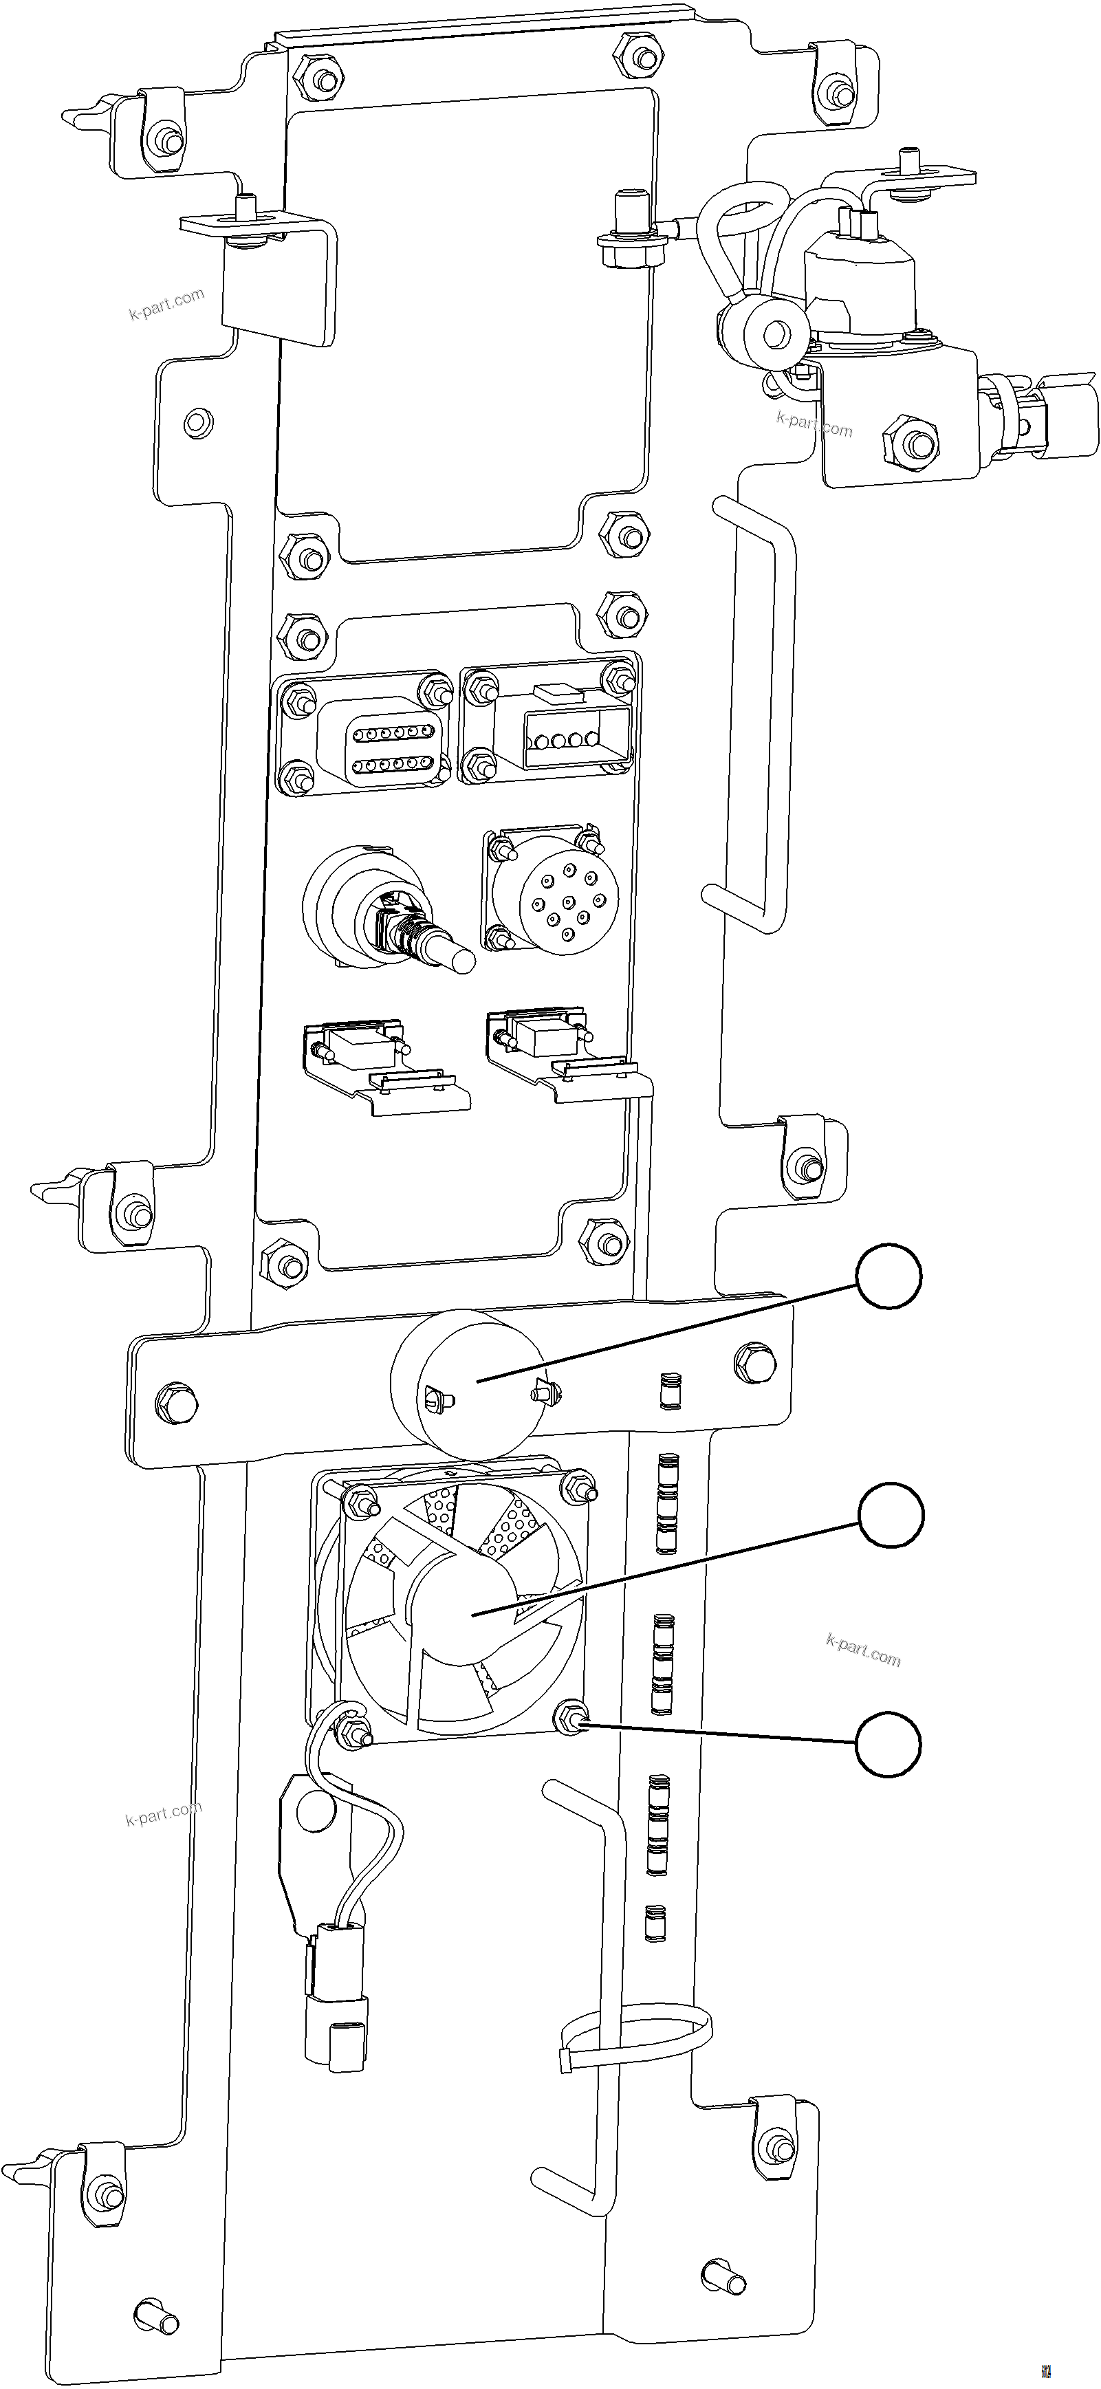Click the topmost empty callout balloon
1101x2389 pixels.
click(x=889, y=1277)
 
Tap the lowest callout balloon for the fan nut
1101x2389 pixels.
click(x=888, y=1745)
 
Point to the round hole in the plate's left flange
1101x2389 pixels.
click(x=196, y=422)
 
